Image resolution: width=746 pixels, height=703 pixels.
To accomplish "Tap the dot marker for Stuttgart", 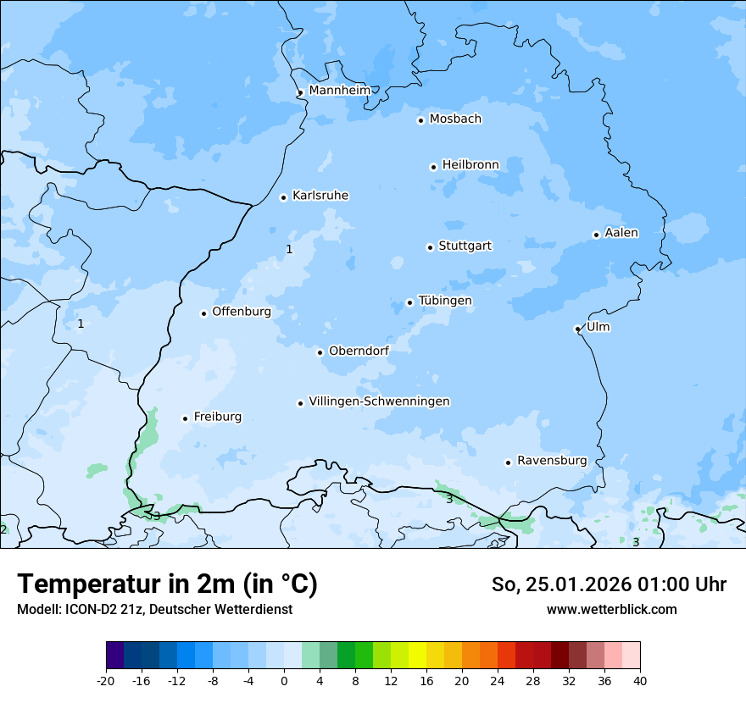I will pyautogui.click(x=430, y=247).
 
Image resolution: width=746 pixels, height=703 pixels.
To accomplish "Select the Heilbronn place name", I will pyautogui.click(x=470, y=165).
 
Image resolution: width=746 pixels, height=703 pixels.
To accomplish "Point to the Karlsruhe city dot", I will pyautogui.click(x=284, y=197).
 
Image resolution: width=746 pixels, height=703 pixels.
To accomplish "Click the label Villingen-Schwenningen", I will pyautogui.click(x=379, y=401).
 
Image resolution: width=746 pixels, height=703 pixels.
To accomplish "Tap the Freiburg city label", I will pyautogui.click(x=217, y=417).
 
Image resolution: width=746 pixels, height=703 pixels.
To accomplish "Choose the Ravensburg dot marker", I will pyautogui.click(x=509, y=462).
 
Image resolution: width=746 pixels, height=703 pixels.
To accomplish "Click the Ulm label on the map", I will pyautogui.click(x=598, y=327).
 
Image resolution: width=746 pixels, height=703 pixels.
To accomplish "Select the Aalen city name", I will pyautogui.click(x=621, y=233).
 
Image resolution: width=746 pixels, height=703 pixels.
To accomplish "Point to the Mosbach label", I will pyautogui.click(x=455, y=119).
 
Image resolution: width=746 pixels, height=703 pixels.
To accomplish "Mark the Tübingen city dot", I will pyautogui.click(x=410, y=302).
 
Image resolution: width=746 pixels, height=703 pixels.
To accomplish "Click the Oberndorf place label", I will pyautogui.click(x=359, y=351).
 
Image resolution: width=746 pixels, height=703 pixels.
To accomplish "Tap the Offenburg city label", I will pyautogui.click(x=242, y=312).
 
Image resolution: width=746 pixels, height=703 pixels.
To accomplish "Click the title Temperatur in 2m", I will pyautogui.click(x=167, y=584).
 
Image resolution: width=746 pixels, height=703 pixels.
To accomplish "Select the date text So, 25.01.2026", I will pyautogui.click(x=559, y=584).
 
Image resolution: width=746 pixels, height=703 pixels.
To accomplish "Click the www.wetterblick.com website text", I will pyautogui.click(x=611, y=609).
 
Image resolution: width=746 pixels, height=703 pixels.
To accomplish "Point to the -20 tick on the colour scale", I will pyautogui.click(x=106, y=680).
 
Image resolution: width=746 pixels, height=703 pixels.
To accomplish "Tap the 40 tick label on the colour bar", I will pyautogui.click(x=639, y=680).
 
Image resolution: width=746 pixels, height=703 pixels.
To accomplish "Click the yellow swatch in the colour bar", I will pyautogui.click(x=417, y=656).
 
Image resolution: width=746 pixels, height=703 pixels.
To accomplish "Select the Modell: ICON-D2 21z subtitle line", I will pyautogui.click(x=154, y=609).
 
